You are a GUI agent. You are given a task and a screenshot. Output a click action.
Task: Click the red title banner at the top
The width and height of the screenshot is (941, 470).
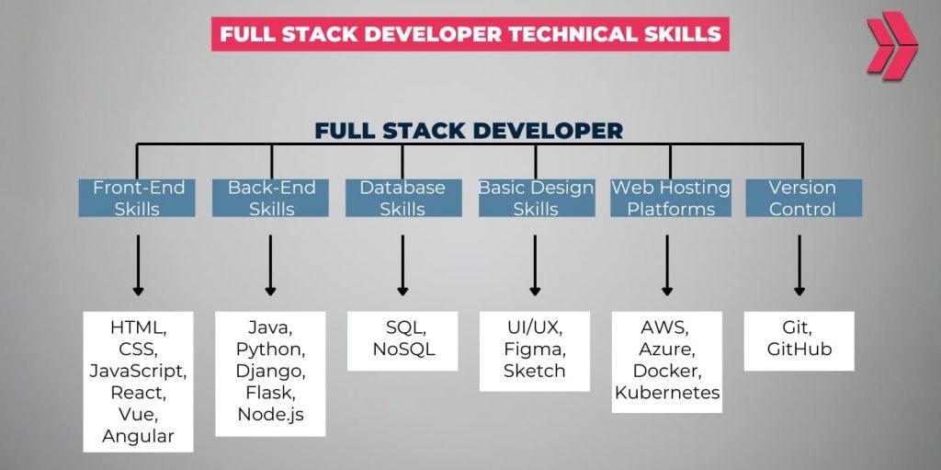click(470, 34)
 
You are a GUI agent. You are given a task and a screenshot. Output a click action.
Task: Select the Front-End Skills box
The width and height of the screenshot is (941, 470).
click(138, 198)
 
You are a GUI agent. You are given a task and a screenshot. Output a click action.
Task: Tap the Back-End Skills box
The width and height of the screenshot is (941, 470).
click(270, 198)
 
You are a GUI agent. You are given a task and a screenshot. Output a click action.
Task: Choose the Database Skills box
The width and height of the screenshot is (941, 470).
click(402, 198)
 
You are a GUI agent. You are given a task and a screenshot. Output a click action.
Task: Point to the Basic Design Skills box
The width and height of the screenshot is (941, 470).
click(536, 198)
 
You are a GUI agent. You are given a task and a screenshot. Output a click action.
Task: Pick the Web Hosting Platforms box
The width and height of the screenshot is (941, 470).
click(670, 198)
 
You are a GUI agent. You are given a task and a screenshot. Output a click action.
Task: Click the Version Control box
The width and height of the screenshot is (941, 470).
click(802, 198)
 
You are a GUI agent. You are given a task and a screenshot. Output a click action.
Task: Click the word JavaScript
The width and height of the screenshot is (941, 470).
click(138, 371)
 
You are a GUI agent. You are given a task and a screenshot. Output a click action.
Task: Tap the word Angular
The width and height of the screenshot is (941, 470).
click(138, 435)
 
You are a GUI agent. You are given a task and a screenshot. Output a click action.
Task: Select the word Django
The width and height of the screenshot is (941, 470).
click(270, 371)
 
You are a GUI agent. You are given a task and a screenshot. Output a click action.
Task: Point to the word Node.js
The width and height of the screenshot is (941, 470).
click(270, 414)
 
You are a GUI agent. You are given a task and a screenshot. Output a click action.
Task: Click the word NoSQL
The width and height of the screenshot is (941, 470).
click(402, 350)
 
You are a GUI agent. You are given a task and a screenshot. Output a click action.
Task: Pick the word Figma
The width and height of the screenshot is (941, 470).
click(536, 350)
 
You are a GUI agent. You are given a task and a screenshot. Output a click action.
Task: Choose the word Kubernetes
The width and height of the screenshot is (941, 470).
click(668, 394)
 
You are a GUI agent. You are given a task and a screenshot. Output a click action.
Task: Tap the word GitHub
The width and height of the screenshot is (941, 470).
click(799, 350)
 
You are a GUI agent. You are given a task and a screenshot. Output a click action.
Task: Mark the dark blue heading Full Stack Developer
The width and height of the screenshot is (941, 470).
click(469, 131)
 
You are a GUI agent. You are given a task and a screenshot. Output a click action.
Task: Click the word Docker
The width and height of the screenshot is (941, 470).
click(668, 371)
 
